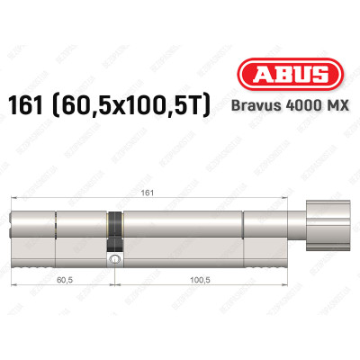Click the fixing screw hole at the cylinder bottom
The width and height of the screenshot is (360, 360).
point(113,260)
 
